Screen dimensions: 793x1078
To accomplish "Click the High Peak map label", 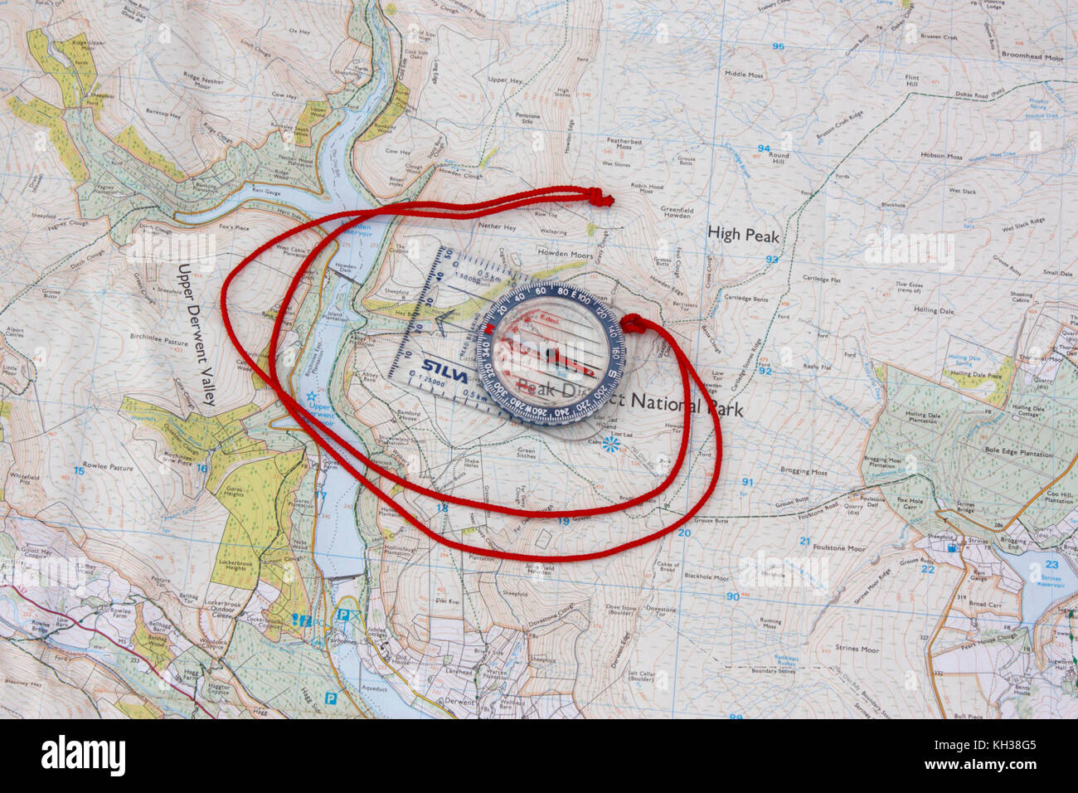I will tap(743, 236).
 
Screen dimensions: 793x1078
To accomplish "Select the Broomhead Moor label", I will tap(1032, 59).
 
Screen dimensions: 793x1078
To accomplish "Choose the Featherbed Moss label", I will tap(624, 145).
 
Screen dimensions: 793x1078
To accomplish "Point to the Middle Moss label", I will tap(744, 75).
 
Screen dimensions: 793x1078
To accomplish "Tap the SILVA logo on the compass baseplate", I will tap(444, 366).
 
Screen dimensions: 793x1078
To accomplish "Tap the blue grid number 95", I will tap(777, 46).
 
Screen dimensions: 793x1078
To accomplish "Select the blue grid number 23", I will tap(1052, 564).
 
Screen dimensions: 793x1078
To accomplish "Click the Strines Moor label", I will tap(857, 649).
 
